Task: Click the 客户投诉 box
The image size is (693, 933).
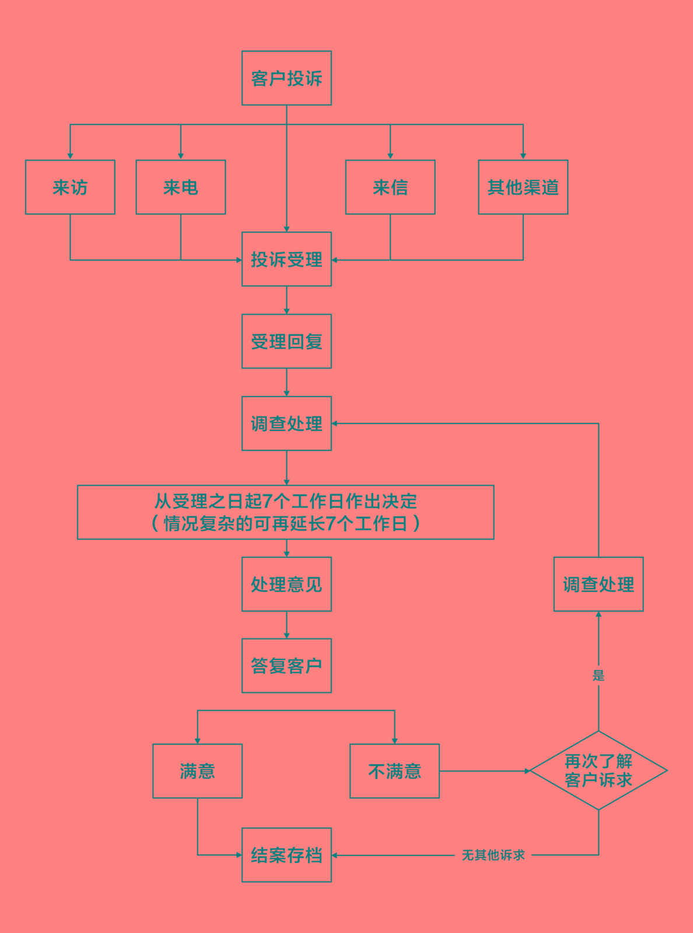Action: pos(286,78)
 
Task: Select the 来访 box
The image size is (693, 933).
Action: pos(70,187)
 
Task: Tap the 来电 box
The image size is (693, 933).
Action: pos(181,187)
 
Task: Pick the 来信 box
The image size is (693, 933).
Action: pos(390,187)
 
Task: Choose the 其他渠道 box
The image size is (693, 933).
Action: pos(523,187)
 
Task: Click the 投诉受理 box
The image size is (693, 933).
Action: pos(286,259)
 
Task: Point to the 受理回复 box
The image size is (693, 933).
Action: pos(286,341)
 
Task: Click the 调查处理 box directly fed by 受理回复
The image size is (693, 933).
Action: pos(286,423)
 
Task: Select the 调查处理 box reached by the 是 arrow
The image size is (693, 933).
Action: pos(598,584)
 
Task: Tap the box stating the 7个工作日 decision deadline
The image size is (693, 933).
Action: pos(286,512)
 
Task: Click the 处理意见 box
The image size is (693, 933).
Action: pos(286,584)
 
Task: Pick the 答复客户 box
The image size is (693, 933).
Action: pos(286,665)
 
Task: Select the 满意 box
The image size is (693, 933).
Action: pos(197,771)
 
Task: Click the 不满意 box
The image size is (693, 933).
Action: pos(394,771)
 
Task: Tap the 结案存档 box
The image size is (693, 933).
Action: pos(286,855)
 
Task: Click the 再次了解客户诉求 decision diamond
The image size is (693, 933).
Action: pos(598,770)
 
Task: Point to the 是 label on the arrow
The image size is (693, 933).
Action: pos(598,675)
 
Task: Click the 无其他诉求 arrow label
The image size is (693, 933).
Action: pos(493,855)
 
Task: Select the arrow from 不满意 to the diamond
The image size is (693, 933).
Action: pos(484,771)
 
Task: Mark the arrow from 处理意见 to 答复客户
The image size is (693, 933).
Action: pos(286,625)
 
